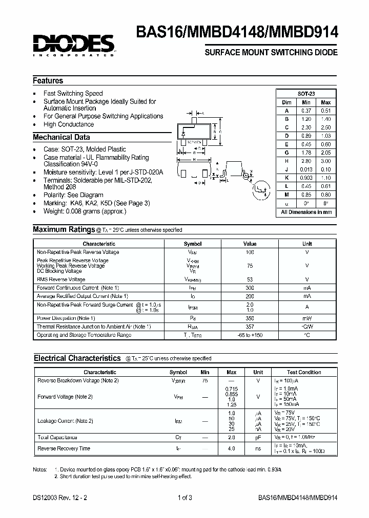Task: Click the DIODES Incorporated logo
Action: coord(74,45)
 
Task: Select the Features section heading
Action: coord(48,81)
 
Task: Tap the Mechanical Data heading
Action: coord(61,137)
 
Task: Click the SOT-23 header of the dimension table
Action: coord(306,94)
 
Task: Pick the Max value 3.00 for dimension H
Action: coord(326,161)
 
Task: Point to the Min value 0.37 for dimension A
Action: coord(306,111)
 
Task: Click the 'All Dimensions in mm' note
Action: coord(306,212)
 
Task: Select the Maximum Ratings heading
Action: coord(64,230)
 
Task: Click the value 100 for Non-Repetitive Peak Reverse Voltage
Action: coord(250,252)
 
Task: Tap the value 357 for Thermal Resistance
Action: coord(250,327)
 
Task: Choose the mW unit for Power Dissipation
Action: coord(307,318)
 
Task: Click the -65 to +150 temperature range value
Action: coord(250,335)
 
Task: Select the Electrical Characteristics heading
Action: coord(77,358)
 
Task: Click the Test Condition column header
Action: coord(304,372)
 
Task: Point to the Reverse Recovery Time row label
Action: coord(64,448)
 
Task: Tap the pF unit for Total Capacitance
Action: coord(258,438)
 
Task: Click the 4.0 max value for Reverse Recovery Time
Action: coord(231,448)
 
